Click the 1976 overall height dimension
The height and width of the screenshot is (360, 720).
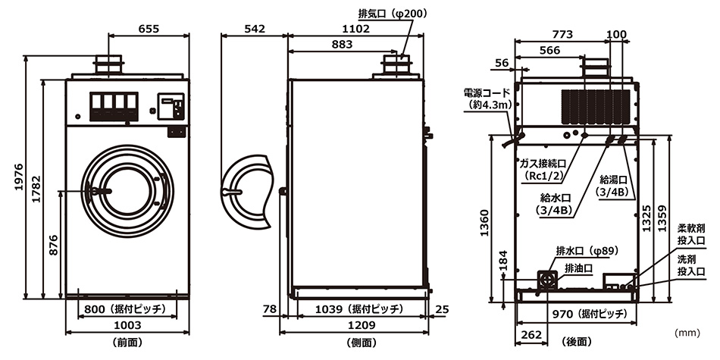pos(19,177)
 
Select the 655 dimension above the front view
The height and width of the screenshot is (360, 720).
pos(149,29)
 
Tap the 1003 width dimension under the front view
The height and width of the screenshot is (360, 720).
pos(127,326)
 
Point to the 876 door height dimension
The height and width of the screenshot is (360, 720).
pos(53,246)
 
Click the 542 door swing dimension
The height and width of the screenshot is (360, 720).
pos(255,29)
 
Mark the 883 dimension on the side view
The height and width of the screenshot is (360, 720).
pos(342,45)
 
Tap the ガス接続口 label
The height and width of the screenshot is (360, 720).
pos(543,164)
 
